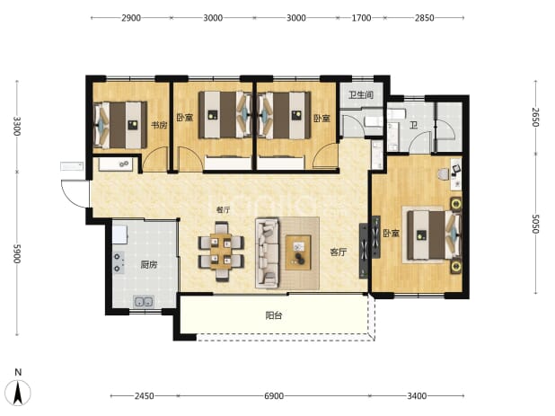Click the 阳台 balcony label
coord(274,315)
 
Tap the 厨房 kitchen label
coord(149,264)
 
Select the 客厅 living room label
coord(338,252)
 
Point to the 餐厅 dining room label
coord(223,210)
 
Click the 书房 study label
coord(159,125)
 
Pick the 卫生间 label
coord(361,94)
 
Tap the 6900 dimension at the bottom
coord(274,395)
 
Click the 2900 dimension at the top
coord(131,18)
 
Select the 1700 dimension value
coord(361,18)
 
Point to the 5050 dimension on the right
coord(535,224)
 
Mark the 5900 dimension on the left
coord(17,253)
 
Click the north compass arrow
coord(18,393)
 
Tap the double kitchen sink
coord(144,302)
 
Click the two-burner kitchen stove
coord(119,262)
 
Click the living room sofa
coord(268,252)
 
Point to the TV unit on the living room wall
coord(365,251)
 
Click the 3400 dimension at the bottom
coord(417,395)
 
